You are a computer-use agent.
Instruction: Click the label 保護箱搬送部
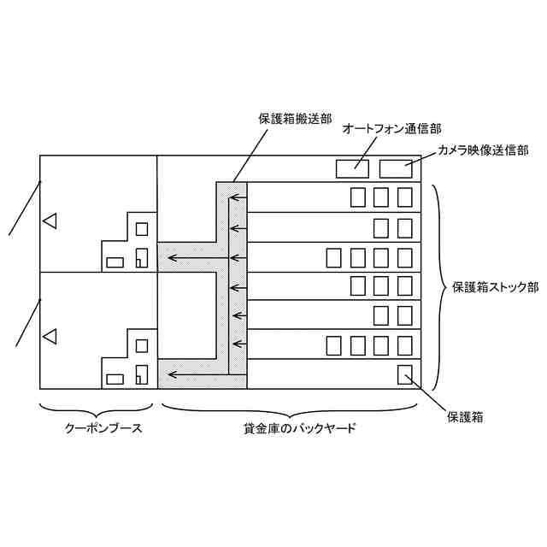[x=295, y=121]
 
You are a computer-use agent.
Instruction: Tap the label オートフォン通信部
[x=391, y=130]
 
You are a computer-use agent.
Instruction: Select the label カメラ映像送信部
[x=484, y=150]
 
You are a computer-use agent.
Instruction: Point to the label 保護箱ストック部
[x=495, y=287]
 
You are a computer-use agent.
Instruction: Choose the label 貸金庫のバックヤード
[x=293, y=427]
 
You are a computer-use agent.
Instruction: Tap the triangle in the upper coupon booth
[x=50, y=221]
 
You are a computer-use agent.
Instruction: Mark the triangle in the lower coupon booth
[x=50, y=336]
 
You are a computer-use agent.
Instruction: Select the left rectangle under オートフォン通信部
[x=351, y=168]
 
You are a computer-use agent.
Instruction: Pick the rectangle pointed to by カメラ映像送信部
[x=395, y=168]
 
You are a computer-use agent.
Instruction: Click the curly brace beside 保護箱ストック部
[x=436, y=286]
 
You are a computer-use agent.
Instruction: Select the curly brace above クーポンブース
[x=98, y=406]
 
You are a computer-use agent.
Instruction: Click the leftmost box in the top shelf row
[x=358, y=197]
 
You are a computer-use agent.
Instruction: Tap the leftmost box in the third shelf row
[x=335, y=257]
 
